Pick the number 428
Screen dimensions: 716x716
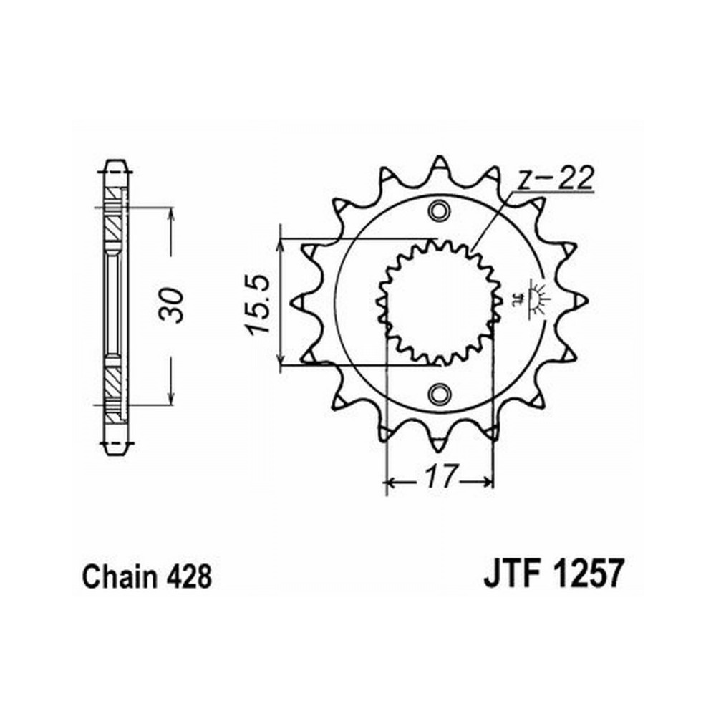pos(188,576)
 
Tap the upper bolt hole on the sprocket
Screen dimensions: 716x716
pos(439,210)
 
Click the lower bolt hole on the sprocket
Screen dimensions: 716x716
pos(439,394)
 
